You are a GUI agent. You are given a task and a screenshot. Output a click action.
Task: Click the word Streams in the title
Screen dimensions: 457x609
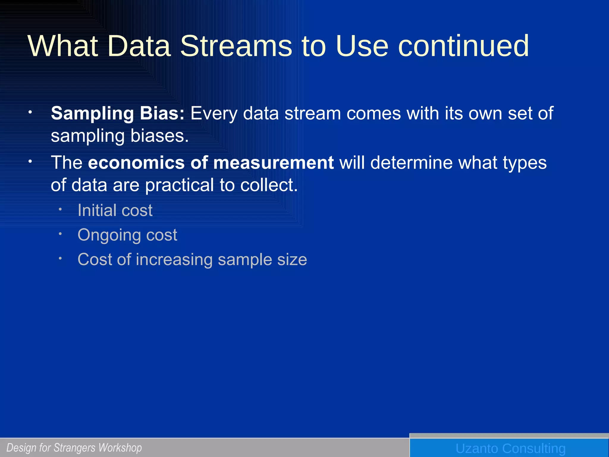[x=236, y=46]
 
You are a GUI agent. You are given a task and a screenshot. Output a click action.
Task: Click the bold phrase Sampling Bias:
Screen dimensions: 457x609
[x=118, y=114]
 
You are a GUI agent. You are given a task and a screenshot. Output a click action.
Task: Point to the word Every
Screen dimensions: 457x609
[x=214, y=114]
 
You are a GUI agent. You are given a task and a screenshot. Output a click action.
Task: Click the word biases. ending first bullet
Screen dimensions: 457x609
[x=159, y=136]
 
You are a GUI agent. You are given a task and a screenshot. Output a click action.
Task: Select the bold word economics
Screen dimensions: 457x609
[x=136, y=163]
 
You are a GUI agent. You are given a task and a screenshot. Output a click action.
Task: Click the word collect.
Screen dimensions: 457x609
[x=269, y=185]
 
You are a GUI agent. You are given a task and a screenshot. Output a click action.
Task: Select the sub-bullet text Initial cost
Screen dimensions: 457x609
[x=115, y=210]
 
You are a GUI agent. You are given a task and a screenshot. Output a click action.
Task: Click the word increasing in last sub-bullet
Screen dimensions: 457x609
[x=174, y=259]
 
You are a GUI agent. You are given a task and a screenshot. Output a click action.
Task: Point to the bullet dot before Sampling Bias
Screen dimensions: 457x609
[x=30, y=112]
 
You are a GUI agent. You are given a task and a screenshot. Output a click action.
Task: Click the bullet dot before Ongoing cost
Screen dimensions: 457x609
[x=60, y=234]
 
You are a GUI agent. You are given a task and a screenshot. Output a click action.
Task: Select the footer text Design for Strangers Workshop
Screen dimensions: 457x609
[x=74, y=448]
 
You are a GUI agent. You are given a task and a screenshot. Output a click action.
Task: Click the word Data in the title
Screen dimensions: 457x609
[x=139, y=46]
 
